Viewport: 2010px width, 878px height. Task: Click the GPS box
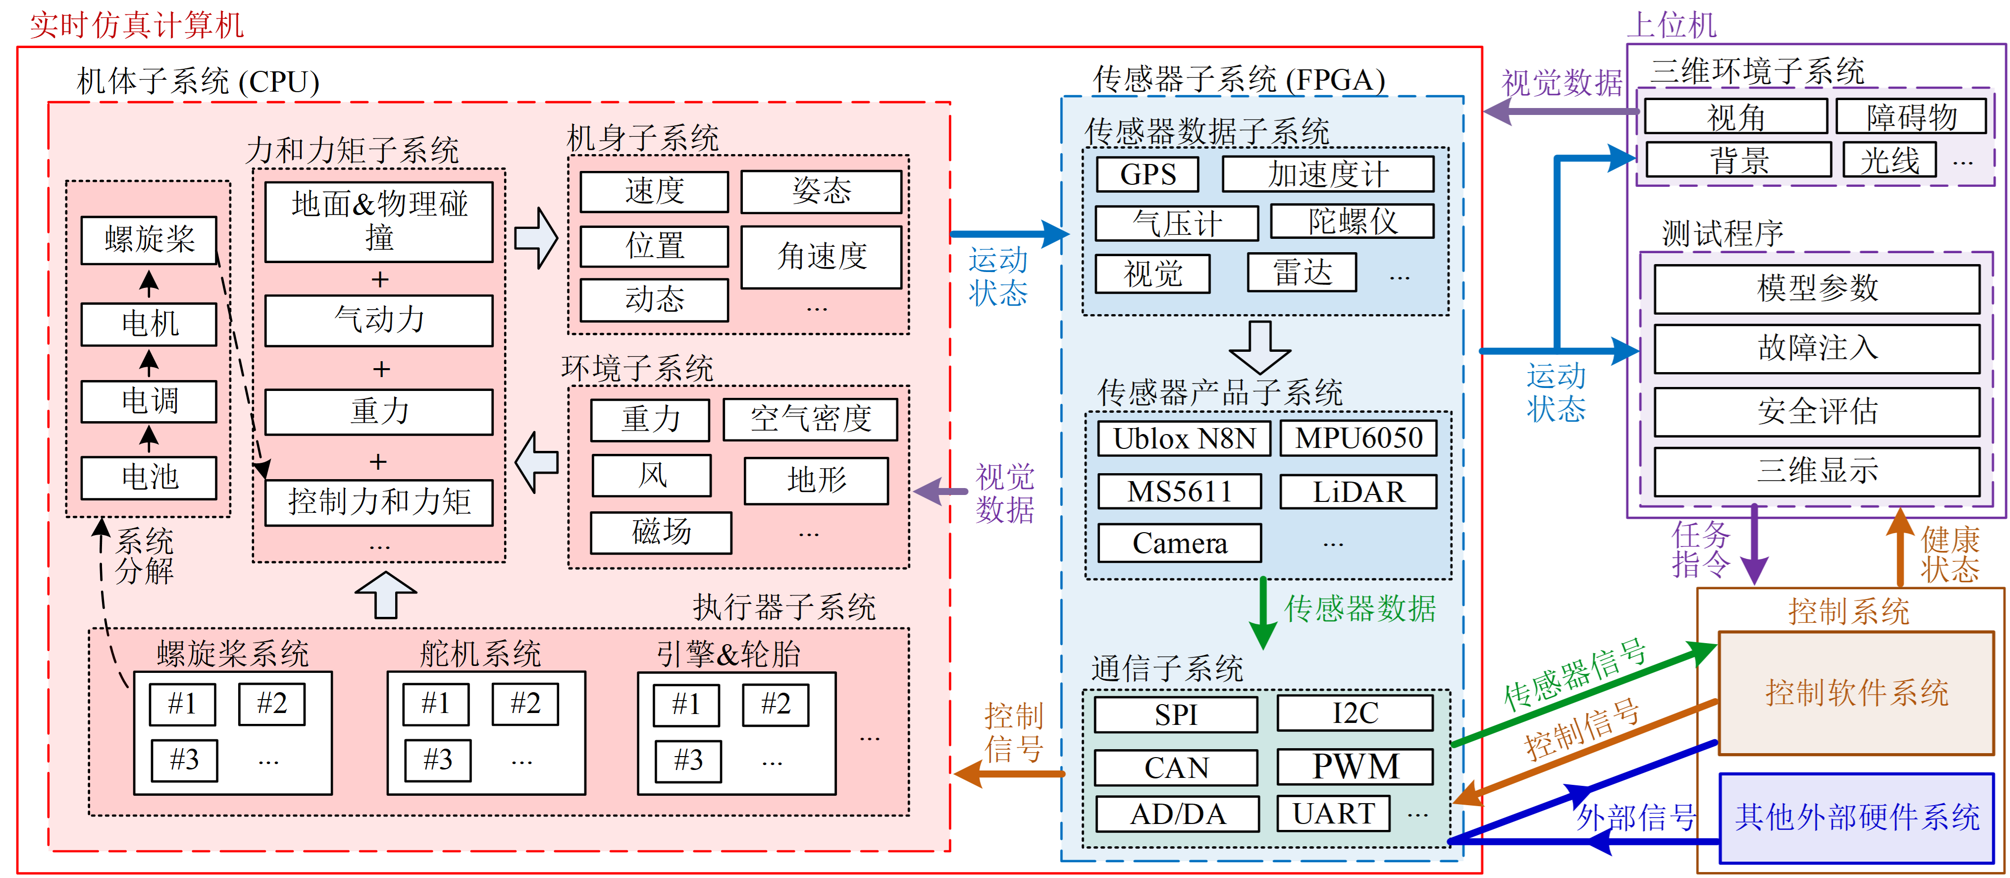1147,174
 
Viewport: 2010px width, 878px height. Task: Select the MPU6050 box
1358,439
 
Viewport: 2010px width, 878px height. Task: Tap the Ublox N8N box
1184,439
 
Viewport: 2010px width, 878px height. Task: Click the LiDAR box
1358,492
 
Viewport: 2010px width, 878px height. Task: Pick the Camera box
1179,543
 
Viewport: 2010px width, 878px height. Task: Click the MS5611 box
1179,492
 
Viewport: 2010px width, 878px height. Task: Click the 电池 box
149,477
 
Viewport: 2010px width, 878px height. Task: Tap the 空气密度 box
810,419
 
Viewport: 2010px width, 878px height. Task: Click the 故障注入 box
1816,348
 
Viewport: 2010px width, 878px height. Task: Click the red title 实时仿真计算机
137,25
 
